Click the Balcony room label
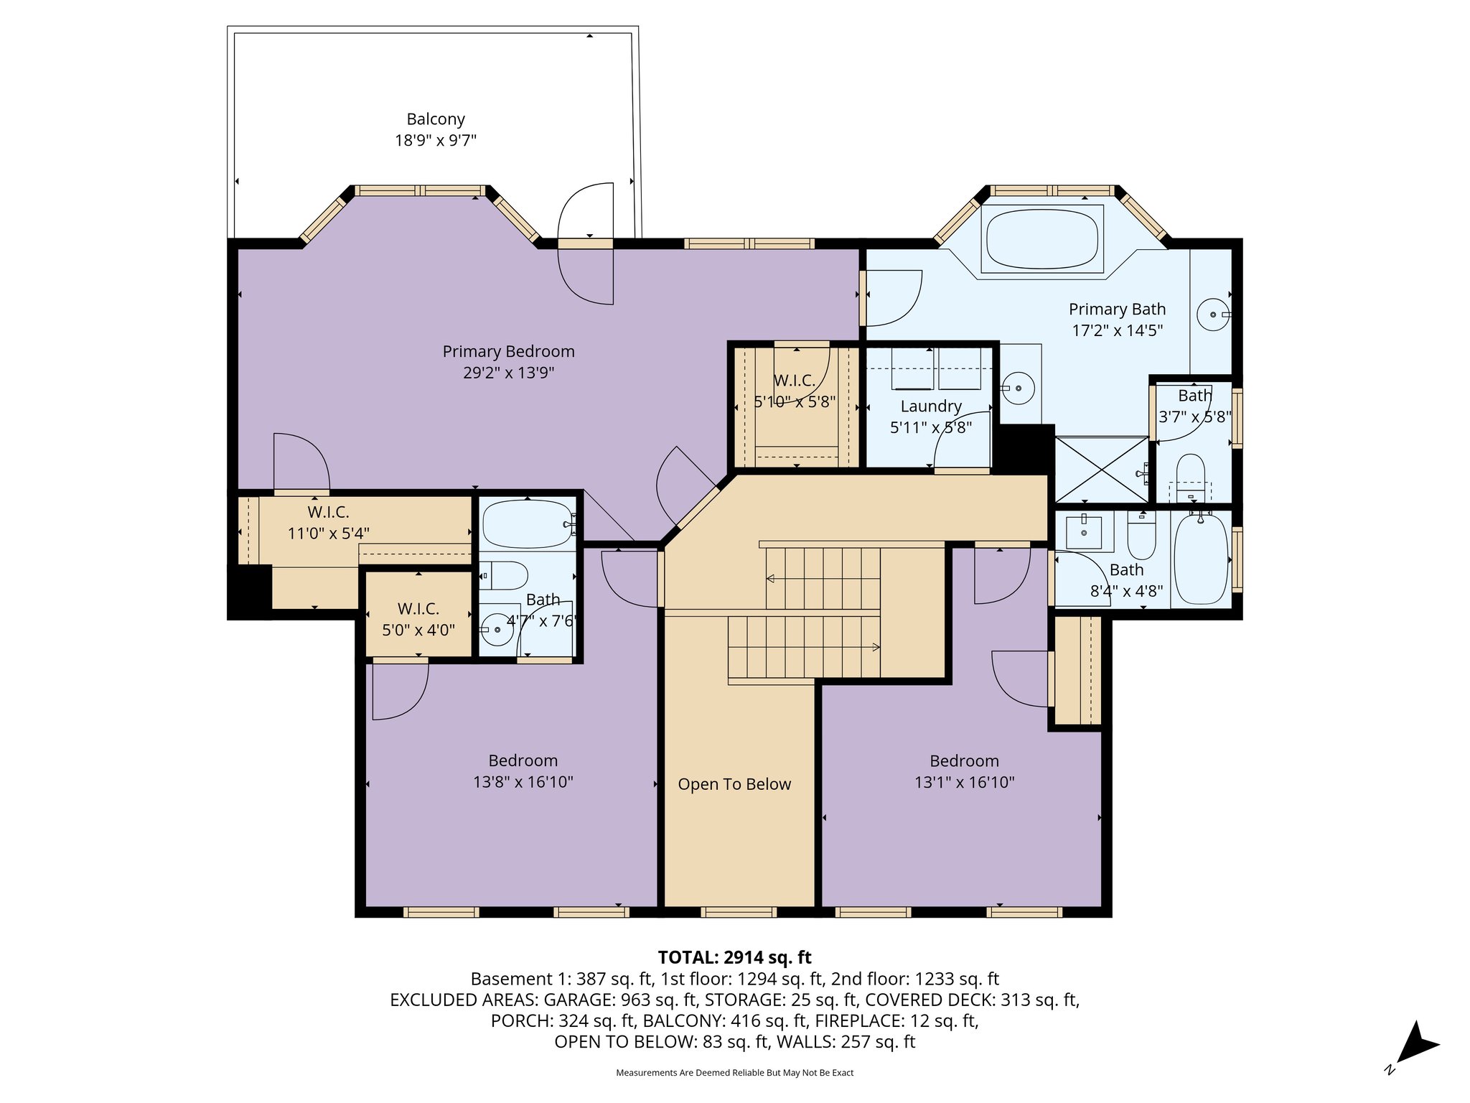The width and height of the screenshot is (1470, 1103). pos(436,119)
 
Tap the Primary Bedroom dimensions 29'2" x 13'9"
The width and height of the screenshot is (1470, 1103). pos(508,373)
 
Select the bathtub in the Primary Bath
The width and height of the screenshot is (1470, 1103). pos(1041,239)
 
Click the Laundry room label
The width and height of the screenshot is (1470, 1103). pos(931,406)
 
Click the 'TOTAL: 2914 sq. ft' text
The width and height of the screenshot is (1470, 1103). pos(734,957)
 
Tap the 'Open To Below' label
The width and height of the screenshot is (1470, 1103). pos(734,784)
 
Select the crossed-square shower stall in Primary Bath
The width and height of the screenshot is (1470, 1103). pos(1101,469)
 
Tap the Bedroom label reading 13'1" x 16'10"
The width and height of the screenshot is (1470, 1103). pos(964,772)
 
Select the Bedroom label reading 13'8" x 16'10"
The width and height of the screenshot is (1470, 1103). pos(523,772)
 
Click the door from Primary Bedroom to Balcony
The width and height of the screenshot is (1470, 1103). pos(586,243)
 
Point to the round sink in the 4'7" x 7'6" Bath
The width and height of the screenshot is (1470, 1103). pos(494,631)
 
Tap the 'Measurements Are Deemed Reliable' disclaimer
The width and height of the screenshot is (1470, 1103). pos(734,1073)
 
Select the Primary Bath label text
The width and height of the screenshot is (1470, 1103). pos(1117,310)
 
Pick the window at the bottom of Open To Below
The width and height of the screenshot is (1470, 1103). pos(739,913)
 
